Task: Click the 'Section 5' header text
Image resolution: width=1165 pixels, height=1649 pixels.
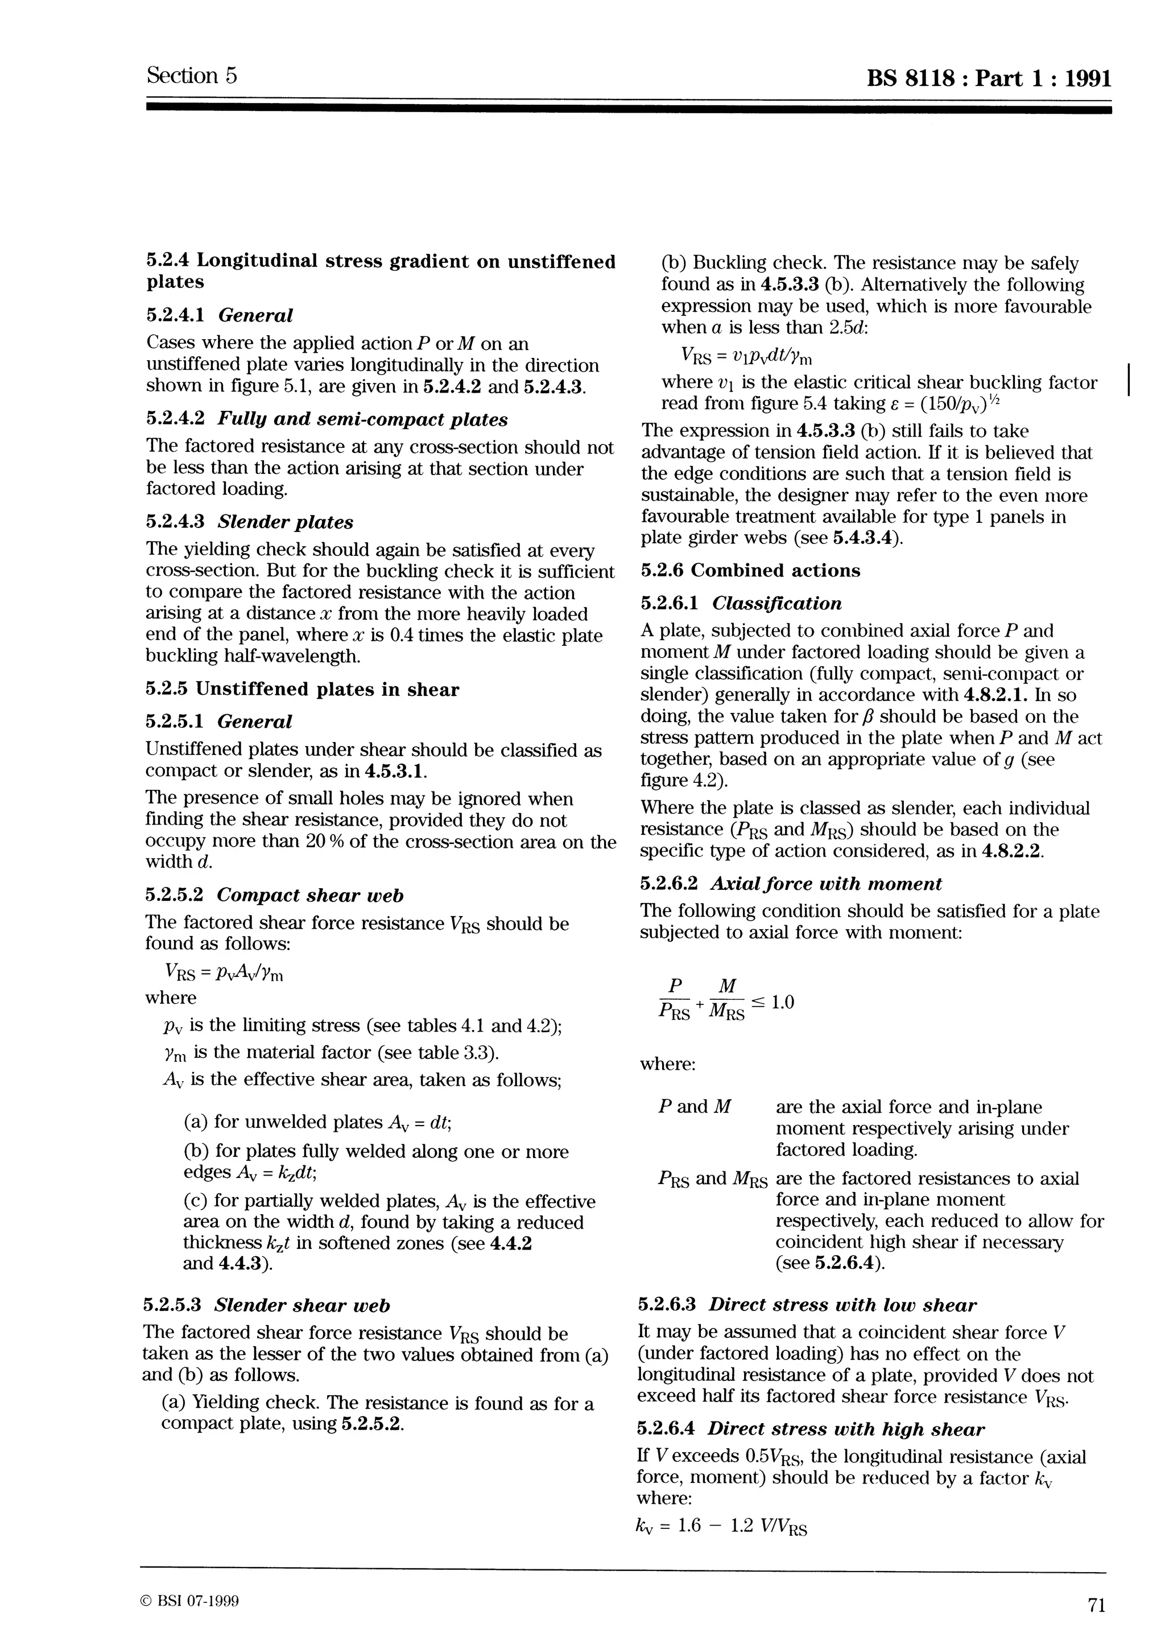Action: pyautogui.click(x=192, y=76)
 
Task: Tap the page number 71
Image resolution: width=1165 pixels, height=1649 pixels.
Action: pyautogui.click(x=1096, y=1606)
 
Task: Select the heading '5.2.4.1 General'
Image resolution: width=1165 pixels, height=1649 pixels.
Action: pyautogui.click(x=219, y=315)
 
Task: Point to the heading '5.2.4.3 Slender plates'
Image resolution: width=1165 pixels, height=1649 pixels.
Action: pyautogui.click(x=249, y=522)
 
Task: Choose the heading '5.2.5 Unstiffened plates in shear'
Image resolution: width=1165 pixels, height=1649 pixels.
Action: pyautogui.click(x=302, y=690)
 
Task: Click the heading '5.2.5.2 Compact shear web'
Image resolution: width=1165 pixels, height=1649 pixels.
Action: pyautogui.click(x=274, y=896)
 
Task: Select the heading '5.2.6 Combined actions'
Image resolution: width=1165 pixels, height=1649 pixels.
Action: pyautogui.click(x=750, y=571)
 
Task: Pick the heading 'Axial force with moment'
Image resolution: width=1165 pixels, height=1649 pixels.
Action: pyautogui.click(x=826, y=884)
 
